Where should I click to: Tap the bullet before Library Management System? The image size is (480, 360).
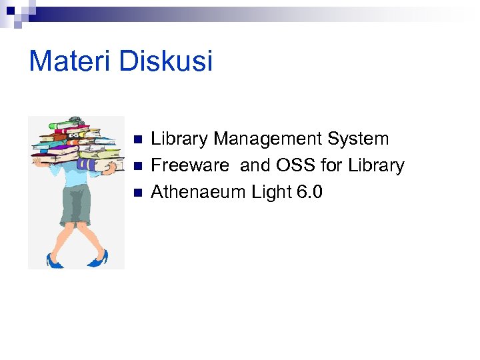(138, 140)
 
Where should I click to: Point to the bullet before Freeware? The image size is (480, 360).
(138, 166)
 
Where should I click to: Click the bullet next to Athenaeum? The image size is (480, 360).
(138, 193)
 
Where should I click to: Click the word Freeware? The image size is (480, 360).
(190, 165)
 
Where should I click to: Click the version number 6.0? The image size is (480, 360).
(310, 192)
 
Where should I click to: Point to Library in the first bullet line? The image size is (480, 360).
(180, 139)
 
